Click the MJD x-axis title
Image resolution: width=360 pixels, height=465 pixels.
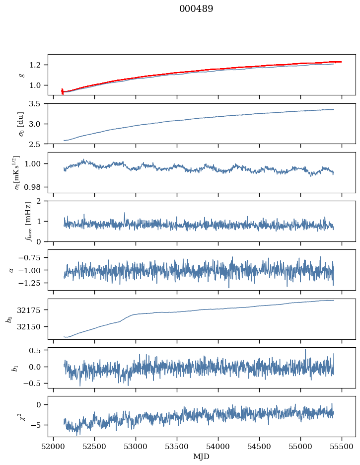tap(202, 457)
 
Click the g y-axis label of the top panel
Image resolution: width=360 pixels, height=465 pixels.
tap(21, 75)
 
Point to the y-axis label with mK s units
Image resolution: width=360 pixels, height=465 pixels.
tap(17, 172)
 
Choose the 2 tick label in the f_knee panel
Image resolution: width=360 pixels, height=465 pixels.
tap(41, 201)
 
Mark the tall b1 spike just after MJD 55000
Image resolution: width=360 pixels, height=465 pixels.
tap(305, 350)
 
